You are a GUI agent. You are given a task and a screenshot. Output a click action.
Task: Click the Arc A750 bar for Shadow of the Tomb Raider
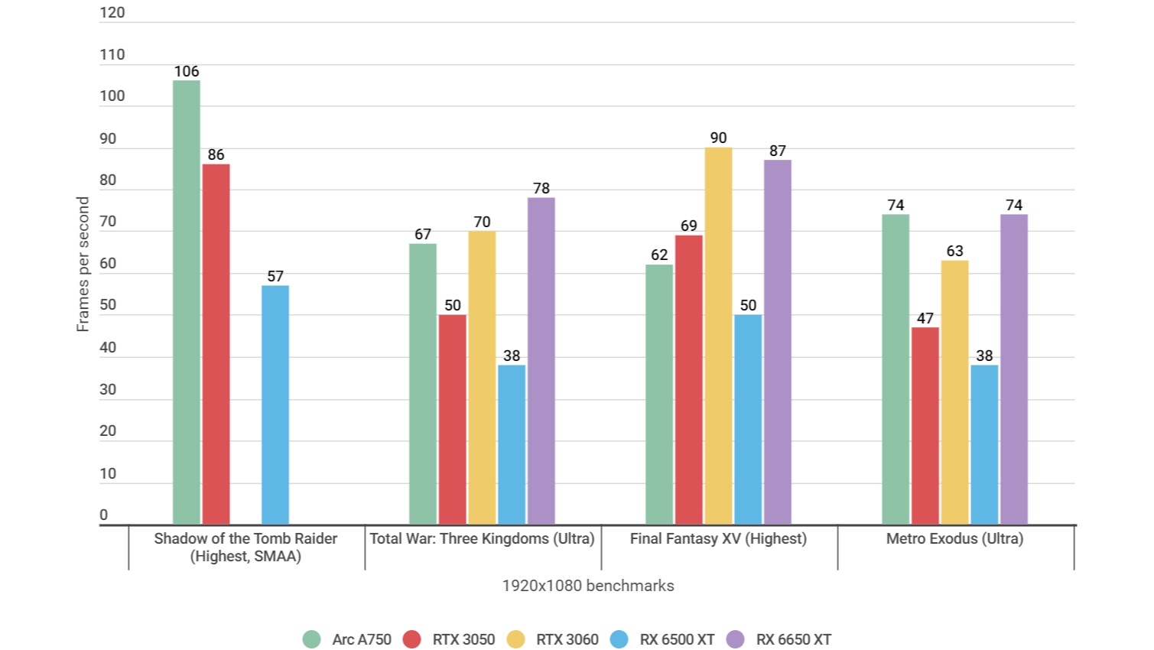point(187,302)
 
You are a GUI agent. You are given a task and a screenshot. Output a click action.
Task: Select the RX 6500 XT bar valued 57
point(275,405)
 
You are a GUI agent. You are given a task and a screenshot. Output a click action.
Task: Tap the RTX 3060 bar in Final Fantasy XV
point(718,336)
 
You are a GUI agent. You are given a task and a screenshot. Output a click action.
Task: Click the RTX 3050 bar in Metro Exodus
point(925,426)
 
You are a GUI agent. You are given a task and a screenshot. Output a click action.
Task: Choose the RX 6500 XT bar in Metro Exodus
point(984,444)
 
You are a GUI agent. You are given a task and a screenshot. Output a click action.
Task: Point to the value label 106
point(187,71)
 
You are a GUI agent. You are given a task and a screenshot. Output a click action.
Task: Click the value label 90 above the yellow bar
point(718,138)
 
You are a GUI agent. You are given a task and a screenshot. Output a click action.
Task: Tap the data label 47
point(925,318)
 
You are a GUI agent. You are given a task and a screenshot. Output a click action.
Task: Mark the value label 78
point(541,188)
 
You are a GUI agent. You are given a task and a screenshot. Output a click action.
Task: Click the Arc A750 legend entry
point(347,639)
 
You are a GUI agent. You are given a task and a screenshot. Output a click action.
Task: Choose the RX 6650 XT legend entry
point(779,639)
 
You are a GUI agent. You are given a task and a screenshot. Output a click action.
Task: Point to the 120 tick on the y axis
point(112,12)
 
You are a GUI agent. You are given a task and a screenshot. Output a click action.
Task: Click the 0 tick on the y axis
point(104,515)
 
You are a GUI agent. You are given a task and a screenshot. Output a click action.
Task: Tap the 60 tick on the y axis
point(108,263)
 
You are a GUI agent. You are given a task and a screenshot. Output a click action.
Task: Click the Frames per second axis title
point(83,264)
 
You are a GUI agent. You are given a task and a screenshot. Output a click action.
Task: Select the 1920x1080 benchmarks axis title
point(587,586)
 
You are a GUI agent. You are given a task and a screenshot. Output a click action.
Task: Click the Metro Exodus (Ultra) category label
point(954,538)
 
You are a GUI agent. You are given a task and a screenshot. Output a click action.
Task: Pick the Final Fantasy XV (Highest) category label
point(718,538)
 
